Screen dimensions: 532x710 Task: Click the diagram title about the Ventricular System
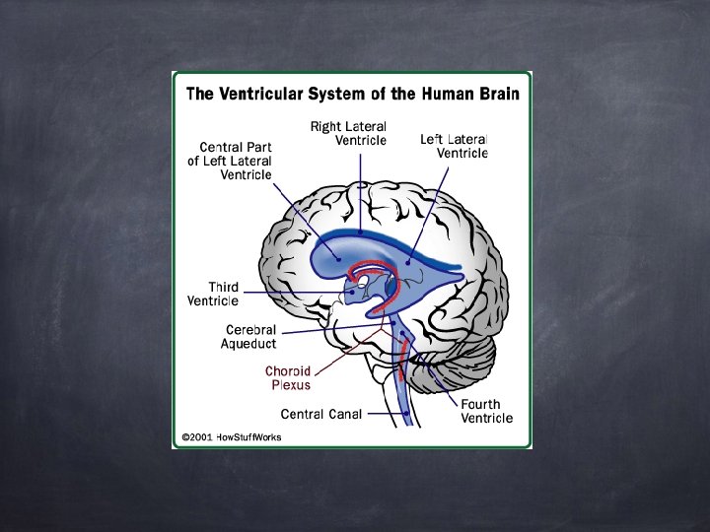coord(353,94)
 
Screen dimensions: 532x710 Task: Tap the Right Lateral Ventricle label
coord(348,133)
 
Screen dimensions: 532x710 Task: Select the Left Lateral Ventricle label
coord(455,146)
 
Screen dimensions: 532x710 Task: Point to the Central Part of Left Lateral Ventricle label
coord(230,161)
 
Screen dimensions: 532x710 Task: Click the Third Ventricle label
coord(210,294)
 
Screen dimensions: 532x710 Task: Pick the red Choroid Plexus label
coord(288,378)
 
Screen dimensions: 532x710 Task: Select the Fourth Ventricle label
coord(486,411)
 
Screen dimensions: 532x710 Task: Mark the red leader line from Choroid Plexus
coord(344,354)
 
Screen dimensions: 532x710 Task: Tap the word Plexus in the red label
coord(291,385)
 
